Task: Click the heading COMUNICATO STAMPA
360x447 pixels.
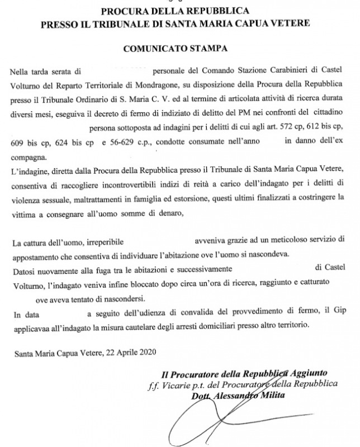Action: pyautogui.click(x=179, y=49)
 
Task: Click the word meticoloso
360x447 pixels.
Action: pyautogui.click(x=283, y=241)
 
